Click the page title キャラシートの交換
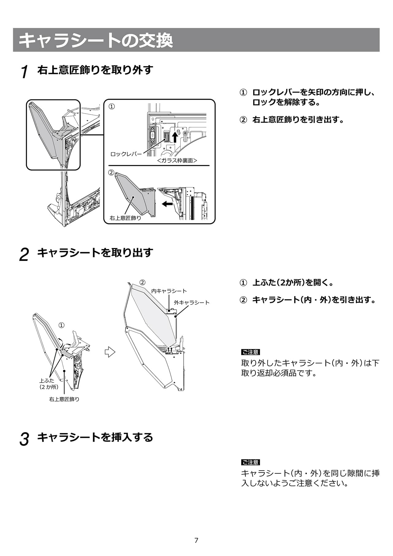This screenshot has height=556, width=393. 96,40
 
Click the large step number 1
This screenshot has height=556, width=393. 25,72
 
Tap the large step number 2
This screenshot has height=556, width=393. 24,255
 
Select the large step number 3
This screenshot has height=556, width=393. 24,439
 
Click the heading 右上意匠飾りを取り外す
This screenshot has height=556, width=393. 95,70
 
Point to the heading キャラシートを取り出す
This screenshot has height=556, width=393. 95,253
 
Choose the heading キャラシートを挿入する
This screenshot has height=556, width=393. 95,437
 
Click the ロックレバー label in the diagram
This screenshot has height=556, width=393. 126,154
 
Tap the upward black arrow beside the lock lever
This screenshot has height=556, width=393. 175,137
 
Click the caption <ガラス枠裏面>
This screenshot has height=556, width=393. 177,161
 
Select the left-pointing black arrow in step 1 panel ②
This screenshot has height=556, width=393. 167,204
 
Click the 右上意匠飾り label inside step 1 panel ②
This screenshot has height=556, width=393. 125,218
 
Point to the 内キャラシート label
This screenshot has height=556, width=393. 169,291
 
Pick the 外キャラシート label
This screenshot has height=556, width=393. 191,302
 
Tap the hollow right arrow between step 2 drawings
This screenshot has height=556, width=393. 110,352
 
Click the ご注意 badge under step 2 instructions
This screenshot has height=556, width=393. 251,352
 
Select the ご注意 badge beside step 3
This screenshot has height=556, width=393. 251,462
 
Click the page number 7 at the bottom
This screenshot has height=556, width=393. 196,540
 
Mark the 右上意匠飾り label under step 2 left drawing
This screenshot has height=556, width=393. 64,399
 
